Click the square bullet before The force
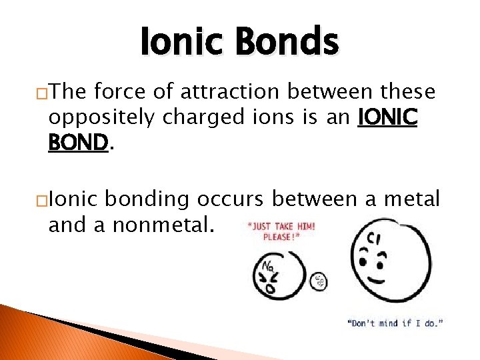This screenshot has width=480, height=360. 42,93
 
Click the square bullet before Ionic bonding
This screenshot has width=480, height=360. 42,200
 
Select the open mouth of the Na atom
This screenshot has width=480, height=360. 271,289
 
